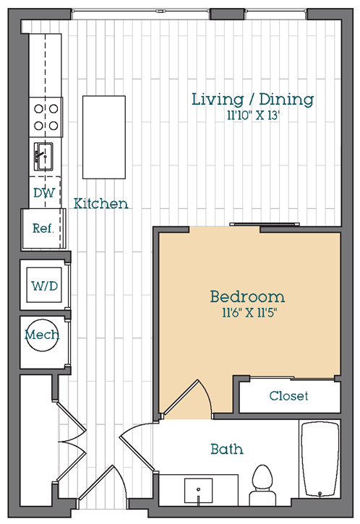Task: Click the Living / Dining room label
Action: pyautogui.click(x=252, y=99)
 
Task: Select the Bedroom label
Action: pyautogui.click(x=247, y=296)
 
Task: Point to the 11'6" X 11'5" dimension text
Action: pyautogui.click(x=247, y=313)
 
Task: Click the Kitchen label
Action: pyautogui.click(x=101, y=204)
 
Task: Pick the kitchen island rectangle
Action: pyautogui.click(x=104, y=137)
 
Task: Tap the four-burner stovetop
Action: pyautogui.click(x=46, y=116)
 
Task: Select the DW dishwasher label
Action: pyautogui.click(x=43, y=193)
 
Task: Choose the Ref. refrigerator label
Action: pyautogui.click(x=43, y=227)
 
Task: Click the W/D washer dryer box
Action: pyautogui.click(x=43, y=284)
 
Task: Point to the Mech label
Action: pyautogui.click(x=42, y=335)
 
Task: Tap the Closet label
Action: pyautogui.click(x=288, y=396)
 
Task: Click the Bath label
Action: pyautogui.click(x=226, y=450)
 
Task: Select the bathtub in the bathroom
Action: pyautogui.click(x=320, y=460)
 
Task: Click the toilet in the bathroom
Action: pyautogui.click(x=260, y=484)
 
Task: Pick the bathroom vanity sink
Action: pyautogui.click(x=199, y=491)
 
